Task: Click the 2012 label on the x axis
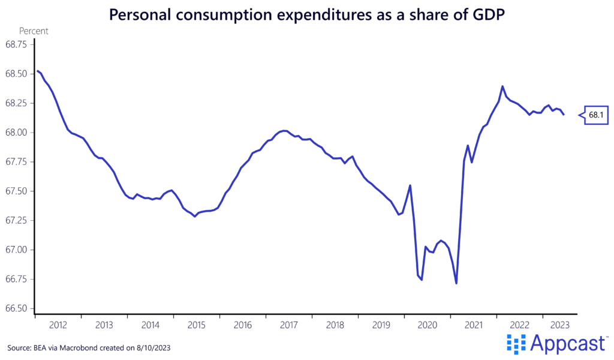click(58, 325)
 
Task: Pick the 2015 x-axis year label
click(197, 325)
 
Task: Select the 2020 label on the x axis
click(428, 325)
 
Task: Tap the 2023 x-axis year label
click(559, 325)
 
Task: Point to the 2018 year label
click(335, 325)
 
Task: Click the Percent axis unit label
click(34, 31)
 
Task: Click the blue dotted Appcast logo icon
click(516, 344)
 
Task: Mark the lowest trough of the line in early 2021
click(456, 283)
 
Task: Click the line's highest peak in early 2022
click(502, 86)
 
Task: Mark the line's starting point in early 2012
click(37, 71)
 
